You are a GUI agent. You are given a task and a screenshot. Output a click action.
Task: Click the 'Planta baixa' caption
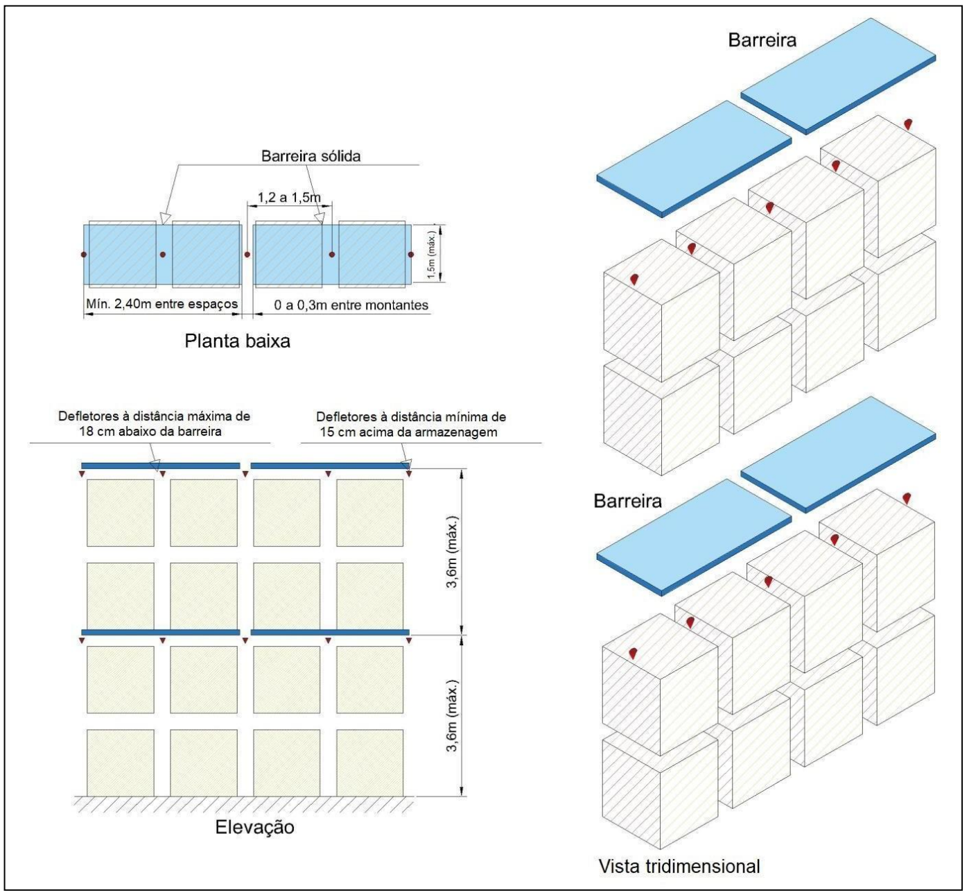(x=237, y=341)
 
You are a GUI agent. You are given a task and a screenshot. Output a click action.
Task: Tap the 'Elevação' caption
(x=254, y=828)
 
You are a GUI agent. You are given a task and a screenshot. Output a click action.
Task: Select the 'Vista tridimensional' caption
(x=679, y=867)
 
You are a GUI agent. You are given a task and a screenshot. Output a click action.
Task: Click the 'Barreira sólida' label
(x=311, y=156)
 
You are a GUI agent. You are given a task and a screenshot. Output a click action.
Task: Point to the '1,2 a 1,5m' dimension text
(x=290, y=198)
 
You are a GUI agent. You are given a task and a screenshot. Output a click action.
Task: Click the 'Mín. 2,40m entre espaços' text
(x=162, y=304)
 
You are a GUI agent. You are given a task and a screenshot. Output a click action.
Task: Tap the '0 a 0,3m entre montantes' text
(x=351, y=305)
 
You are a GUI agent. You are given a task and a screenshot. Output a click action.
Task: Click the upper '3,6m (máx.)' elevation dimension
(x=453, y=552)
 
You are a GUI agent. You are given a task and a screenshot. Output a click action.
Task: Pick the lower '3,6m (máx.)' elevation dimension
(x=453, y=716)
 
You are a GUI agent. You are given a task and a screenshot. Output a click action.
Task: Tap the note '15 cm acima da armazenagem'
(x=408, y=432)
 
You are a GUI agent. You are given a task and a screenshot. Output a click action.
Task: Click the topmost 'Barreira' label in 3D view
(x=762, y=40)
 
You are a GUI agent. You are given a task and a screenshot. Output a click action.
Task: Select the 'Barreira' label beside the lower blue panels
(x=627, y=501)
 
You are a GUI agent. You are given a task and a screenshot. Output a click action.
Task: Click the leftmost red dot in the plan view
(x=84, y=255)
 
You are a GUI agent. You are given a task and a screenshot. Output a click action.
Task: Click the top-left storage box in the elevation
(x=121, y=513)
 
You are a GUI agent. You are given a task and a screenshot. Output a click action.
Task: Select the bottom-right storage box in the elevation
(x=370, y=762)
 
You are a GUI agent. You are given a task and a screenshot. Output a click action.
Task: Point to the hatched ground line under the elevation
(x=243, y=803)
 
